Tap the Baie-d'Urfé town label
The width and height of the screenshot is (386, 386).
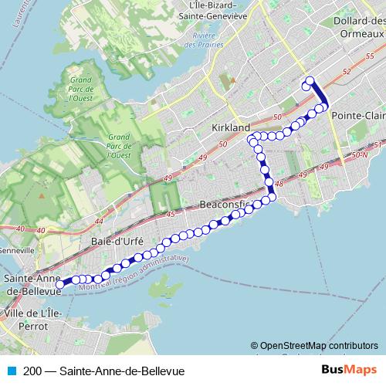[x=118, y=241]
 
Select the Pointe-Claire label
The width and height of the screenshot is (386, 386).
[x=357, y=115]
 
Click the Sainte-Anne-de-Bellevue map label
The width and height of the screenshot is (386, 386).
[x=32, y=283]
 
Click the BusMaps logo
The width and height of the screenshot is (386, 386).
[x=349, y=370]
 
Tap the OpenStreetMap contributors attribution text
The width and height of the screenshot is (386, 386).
[x=319, y=346]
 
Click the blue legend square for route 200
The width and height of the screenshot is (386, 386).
[x=11, y=371]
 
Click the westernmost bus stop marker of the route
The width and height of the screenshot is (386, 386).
[x=59, y=286]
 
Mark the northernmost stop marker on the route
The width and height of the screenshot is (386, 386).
[x=310, y=80]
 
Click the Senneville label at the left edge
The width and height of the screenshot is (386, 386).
[x=17, y=250]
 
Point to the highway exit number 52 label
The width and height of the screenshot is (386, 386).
[x=345, y=72]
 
